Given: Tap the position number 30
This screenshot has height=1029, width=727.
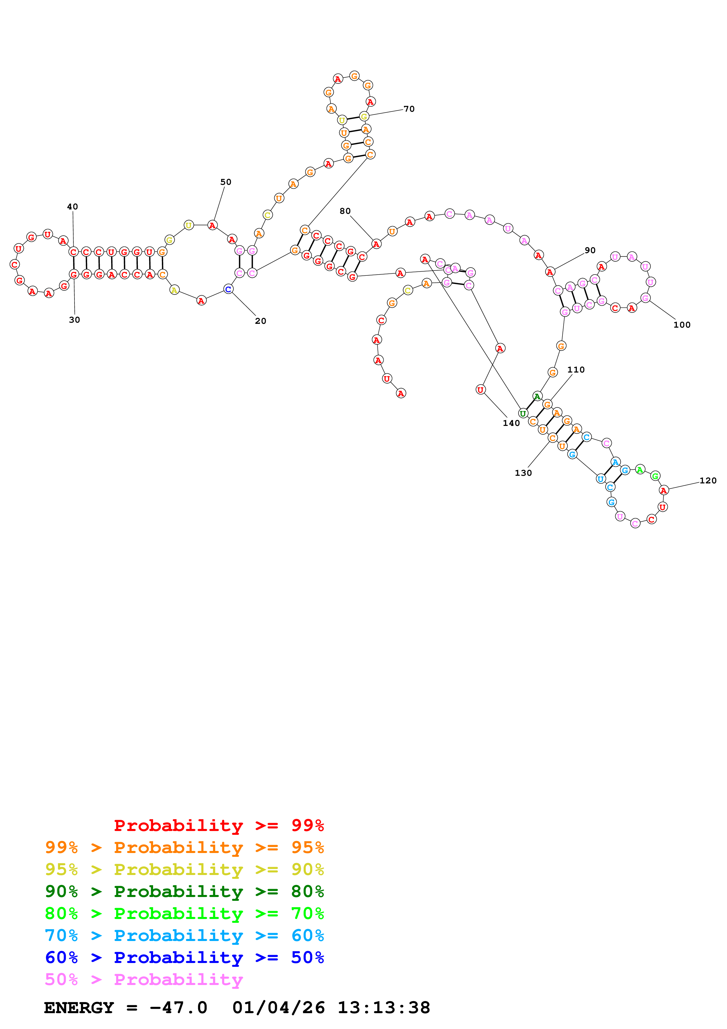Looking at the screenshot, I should coord(74,319).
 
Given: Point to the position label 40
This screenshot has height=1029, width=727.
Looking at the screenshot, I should coord(72,207).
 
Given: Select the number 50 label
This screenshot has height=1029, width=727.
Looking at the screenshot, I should coord(226,182).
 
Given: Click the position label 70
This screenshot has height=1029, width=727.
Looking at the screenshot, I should coord(409,109).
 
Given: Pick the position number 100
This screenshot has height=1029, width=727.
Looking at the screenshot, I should coord(682,325).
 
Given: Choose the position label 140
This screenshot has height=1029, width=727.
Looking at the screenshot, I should coord(511,423).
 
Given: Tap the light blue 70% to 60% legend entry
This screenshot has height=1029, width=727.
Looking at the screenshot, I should coord(184,935).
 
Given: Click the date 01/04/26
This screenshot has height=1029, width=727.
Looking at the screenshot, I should coord(279,1008).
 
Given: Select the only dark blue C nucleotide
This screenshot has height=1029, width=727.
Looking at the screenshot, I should coord(228,289).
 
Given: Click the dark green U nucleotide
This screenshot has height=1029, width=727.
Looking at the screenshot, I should coord(523,413).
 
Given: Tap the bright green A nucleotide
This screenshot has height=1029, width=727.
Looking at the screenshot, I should coord(640,470).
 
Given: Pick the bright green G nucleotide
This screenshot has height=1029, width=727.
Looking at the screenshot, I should coord(655,476).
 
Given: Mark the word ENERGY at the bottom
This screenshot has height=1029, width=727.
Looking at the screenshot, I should coord(79,1008).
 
